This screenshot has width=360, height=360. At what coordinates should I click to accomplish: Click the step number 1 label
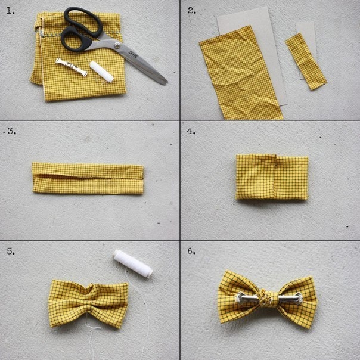10,11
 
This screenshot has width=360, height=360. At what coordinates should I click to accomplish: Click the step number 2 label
192,10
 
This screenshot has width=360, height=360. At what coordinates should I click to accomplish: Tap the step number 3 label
12,131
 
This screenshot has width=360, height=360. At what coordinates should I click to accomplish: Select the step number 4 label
191,131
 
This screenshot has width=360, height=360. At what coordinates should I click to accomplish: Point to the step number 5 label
11,251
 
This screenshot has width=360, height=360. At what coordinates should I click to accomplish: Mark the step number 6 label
191,251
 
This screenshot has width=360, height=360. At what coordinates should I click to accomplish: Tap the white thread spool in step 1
101,72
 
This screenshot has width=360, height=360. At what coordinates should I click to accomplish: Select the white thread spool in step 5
133,263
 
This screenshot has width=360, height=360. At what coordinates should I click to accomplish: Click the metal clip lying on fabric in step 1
71,67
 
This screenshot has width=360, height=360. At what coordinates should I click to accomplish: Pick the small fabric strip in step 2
306,61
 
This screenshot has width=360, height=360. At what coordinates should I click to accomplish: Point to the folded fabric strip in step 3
88,178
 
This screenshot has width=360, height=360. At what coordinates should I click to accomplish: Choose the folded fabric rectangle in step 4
272,177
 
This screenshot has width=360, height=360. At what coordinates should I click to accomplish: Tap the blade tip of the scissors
166,83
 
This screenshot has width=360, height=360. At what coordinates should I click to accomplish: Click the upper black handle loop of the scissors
83,22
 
